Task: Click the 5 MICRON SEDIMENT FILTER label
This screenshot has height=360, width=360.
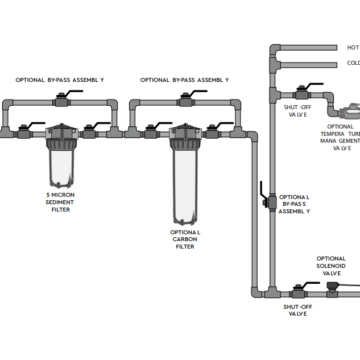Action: point(60,202)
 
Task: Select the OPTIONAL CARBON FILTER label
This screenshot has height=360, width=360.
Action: point(185,239)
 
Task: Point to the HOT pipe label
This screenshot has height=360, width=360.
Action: point(353,48)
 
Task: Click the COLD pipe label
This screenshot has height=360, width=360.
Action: point(353,63)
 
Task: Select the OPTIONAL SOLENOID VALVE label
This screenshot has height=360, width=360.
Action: point(331,266)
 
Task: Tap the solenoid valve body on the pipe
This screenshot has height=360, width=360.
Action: point(333,290)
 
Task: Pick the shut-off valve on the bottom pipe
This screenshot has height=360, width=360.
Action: point(299,293)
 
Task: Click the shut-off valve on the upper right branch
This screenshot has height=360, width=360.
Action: point(301,94)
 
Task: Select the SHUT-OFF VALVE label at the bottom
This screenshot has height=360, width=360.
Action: point(298,310)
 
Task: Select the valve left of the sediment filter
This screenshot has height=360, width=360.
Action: point(24,133)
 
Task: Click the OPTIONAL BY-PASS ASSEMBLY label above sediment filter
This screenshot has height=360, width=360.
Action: point(60,80)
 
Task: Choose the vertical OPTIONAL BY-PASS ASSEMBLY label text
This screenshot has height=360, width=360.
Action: point(294,204)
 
